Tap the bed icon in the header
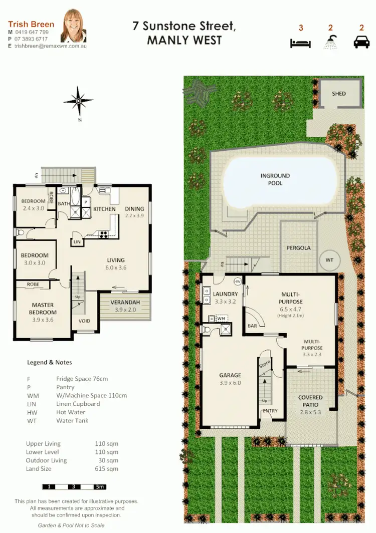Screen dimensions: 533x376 click(x=297, y=43)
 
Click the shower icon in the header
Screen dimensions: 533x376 click(x=330, y=43)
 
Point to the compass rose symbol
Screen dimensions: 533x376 click(x=79, y=102)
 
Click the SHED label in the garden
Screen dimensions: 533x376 click(x=339, y=93)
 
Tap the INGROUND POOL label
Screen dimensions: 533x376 click(x=275, y=179)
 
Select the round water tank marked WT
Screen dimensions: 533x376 click(x=329, y=260)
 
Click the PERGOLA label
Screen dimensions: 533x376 click(x=298, y=248)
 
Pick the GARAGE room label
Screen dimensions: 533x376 click(x=230, y=375)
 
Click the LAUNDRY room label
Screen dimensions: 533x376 click(x=224, y=294)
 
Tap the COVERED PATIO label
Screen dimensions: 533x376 click(x=310, y=401)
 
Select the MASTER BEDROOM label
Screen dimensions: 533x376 click(x=43, y=308)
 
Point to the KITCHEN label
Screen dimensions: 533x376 click(x=104, y=209)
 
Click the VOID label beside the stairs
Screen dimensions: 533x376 click(x=84, y=321)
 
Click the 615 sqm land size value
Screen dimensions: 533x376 click(x=106, y=469)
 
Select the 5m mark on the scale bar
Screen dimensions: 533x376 click(x=99, y=486)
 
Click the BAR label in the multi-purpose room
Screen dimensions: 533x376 click(x=253, y=326)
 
